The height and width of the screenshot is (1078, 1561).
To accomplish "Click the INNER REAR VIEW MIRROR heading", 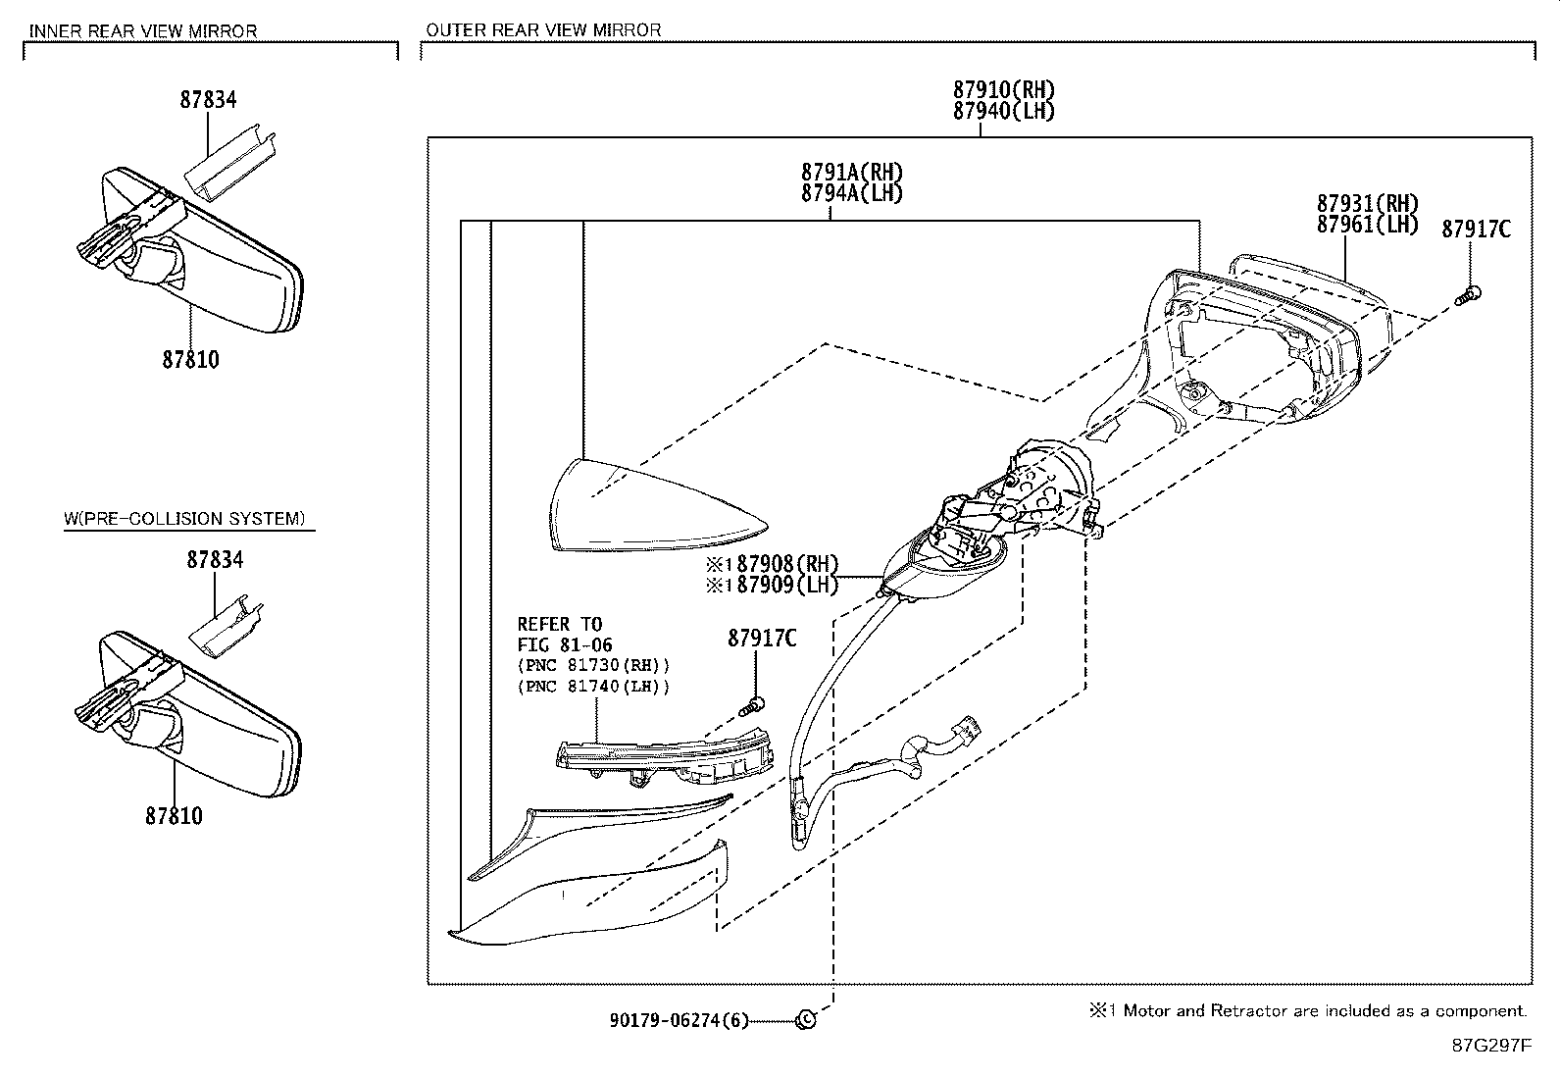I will point(143,30).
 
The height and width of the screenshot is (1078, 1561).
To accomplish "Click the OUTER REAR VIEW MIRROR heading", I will point(543,30).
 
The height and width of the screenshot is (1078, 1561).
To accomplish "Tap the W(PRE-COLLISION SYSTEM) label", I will point(184,518).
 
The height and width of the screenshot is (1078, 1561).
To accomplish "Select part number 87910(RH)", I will point(1003,90).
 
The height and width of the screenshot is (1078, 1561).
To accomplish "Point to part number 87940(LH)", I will point(1003,111).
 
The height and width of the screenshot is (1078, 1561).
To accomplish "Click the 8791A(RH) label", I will point(851,173).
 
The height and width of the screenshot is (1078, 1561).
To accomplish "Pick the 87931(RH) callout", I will point(1367,204).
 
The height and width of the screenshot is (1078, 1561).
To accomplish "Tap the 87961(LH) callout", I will point(1367,225).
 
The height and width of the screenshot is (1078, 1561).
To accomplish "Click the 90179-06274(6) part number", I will point(678,1020).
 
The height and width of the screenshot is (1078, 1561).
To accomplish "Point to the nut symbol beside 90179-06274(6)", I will point(804,1019).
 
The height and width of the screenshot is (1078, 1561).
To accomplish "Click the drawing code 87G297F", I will point(1490,1046).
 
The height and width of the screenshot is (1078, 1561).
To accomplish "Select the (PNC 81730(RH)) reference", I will point(593,665).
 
